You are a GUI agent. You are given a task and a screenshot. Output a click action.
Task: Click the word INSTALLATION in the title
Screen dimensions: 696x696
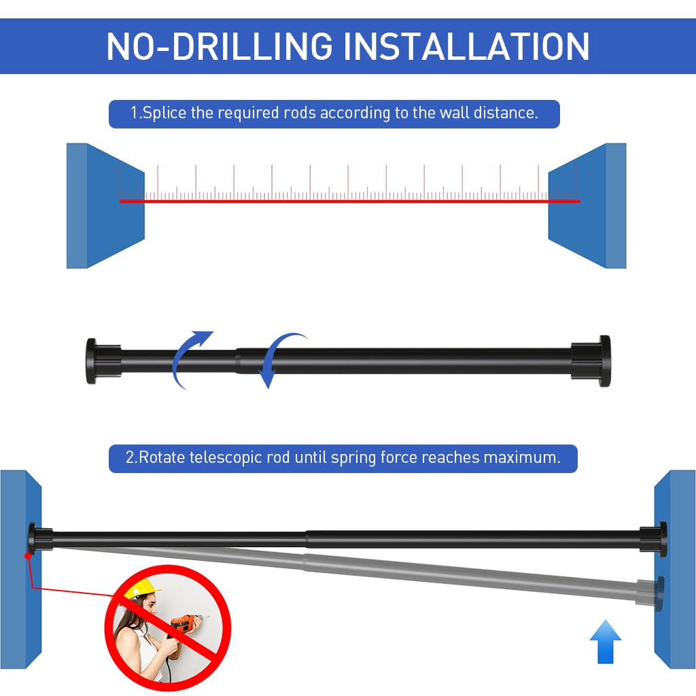[466, 46]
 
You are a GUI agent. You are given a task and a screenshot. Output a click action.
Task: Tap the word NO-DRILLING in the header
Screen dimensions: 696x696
[220, 46]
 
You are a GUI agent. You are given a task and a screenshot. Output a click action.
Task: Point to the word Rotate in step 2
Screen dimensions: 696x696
[162, 457]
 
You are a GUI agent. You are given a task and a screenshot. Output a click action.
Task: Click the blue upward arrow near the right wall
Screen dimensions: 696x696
[606, 642]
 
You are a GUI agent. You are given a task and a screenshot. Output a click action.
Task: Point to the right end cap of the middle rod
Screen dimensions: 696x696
[591, 361]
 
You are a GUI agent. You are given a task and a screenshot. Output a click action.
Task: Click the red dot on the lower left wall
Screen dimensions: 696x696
[28, 556]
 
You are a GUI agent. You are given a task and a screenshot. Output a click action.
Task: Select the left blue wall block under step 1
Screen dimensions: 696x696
[105, 205]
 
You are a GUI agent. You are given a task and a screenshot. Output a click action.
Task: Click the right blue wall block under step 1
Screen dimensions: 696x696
[587, 205]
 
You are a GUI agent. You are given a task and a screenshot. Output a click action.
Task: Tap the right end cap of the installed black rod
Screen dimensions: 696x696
[653, 539]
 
